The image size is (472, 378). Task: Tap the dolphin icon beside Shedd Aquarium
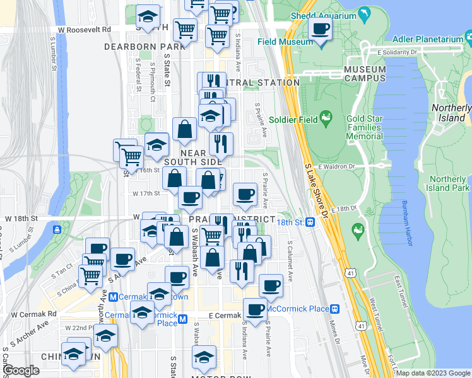(364, 14)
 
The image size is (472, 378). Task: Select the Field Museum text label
(285, 42)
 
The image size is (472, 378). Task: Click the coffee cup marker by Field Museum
(321, 30)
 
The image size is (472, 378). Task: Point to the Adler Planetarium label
(428, 39)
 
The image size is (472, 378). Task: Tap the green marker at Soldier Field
(326, 117)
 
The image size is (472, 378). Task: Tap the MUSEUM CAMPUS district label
(365, 74)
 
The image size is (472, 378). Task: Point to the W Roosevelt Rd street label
(83, 30)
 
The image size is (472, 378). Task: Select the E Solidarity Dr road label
(398, 52)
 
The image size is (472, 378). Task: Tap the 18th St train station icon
(310, 222)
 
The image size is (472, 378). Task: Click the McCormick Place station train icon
(335, 309)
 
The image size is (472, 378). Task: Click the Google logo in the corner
(21, 370)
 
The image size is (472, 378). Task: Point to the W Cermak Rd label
(33, 314)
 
